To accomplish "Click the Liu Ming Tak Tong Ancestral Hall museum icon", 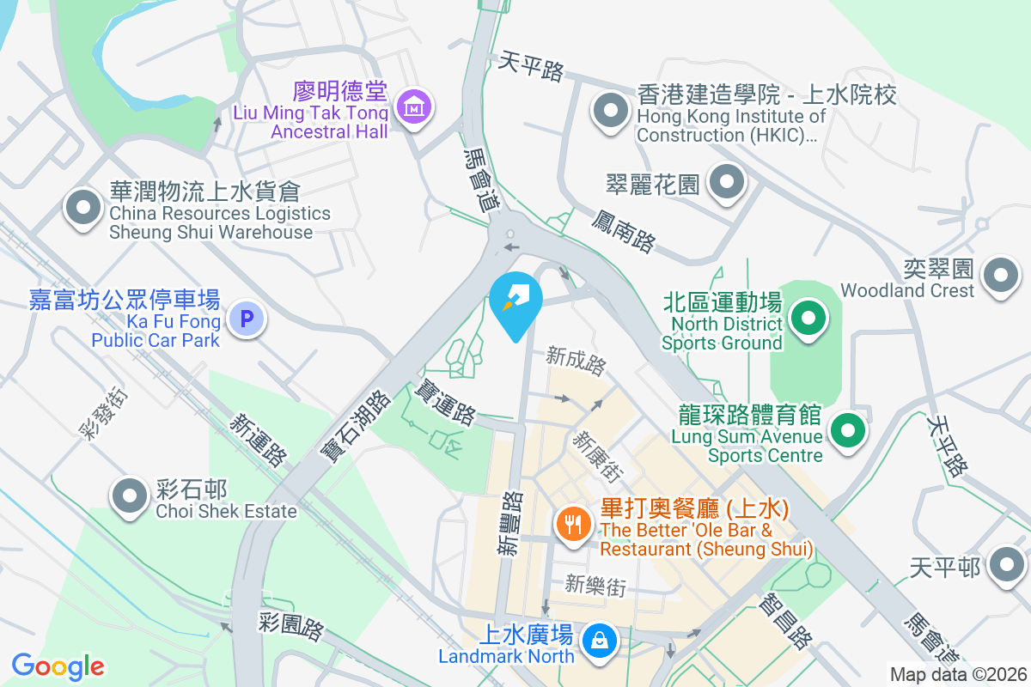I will click(x=415, y=108).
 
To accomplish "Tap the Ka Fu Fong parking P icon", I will click(x=247, y=320).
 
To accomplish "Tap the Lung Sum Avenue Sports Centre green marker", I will click(x=848, y=429).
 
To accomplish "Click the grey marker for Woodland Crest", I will click(x=1001, y=276).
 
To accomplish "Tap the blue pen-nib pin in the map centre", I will click(x=515, y=303).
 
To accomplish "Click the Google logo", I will click(x=58, y=666).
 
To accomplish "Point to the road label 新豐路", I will click(x=510, y=523).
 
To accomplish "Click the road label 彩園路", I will click(x=291, y=627).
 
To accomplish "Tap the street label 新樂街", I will click(x=595, y=586).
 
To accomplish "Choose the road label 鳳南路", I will click(x=623, y=228).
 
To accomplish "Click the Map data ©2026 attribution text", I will click(x=957, y=674).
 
